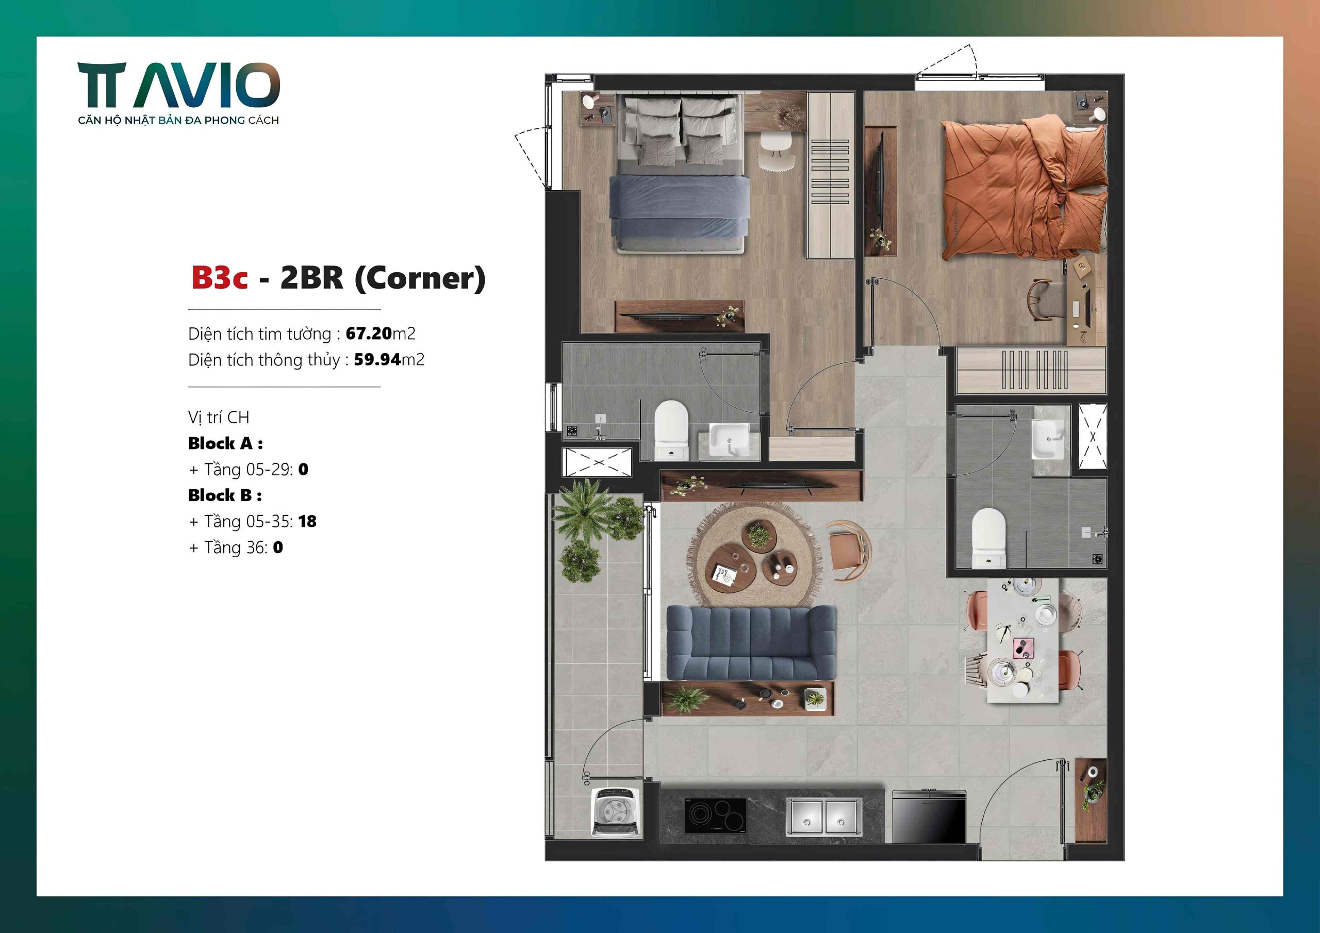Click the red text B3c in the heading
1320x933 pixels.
(219, 278)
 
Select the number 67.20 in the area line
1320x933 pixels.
(369, 334)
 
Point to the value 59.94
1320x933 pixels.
(377, 360)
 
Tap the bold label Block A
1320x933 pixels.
(225, 443)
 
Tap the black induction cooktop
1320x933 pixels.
(715, 815)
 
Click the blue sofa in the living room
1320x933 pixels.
(751, 643)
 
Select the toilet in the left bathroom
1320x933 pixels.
(671, 430)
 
